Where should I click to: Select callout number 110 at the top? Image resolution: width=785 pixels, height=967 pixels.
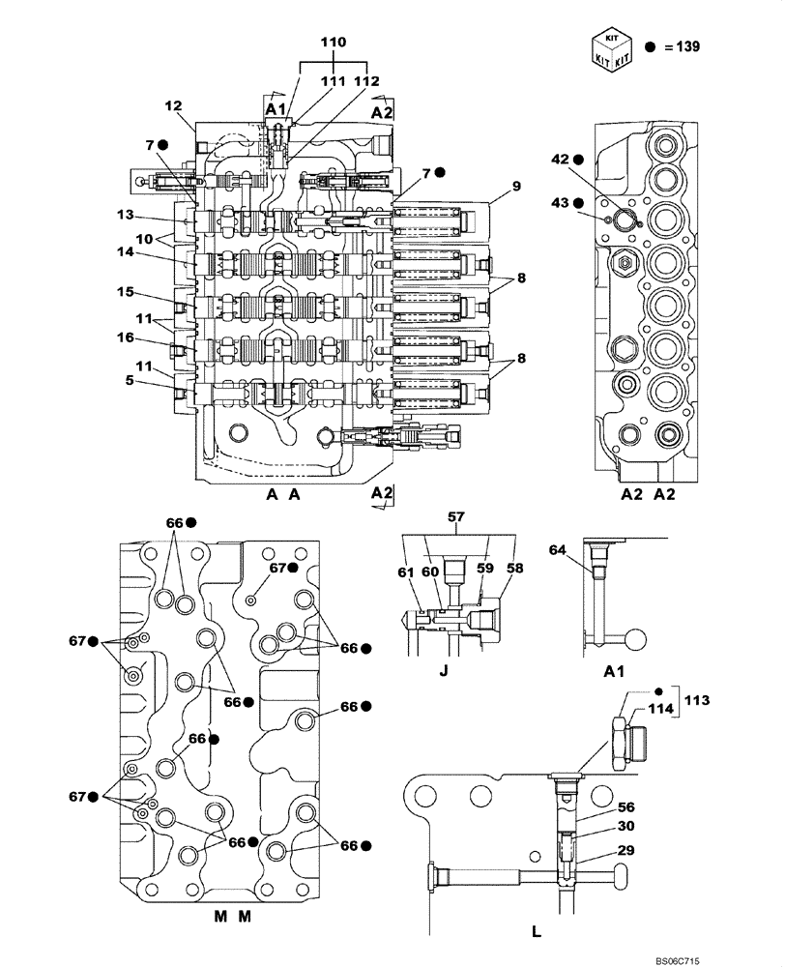(334, 43)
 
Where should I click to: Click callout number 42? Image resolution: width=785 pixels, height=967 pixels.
(561, 161)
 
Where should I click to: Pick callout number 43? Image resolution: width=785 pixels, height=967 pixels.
(561, 202)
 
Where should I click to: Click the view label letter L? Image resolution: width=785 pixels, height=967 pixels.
(537, 932)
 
